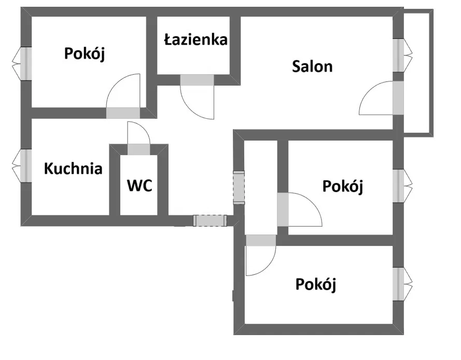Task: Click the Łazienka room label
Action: pyautogui.click(x=196, y=40)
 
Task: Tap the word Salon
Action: pyautogui.click(x=312, y=66)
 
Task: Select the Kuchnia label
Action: pyautogui.click(x=73, y=169)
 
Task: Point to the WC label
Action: pyautogui.click(x=139, y=186)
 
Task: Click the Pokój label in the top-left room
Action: pyautogui.click(x=85, y=54)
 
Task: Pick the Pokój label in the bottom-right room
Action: pyautogui.click(x=316, y=285)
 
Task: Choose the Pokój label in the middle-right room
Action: pyautogui.click(x=343, y=186)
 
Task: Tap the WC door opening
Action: pyautogui.click(x=138, y=149)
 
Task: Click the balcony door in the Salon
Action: pyautogui.click(x=398, y=98)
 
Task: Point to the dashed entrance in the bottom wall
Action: pyautogui.click(x=210, y=220)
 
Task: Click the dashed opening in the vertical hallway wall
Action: pyautogui.click(x=239, y=187)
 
